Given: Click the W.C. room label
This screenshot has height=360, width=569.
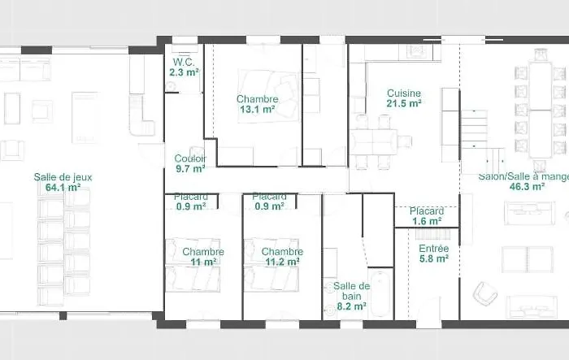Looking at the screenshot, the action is click(x=184, y=62).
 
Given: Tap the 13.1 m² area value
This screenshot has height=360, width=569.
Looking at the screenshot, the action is click(x=257, y=109).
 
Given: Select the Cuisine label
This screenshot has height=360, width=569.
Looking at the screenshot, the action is click(x=404, y=93).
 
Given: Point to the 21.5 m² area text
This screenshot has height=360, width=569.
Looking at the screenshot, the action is click(x=404, y=103).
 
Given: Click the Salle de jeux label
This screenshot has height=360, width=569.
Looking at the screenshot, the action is click(x=63, y=177).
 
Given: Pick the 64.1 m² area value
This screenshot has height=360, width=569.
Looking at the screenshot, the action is click(x=63, y=187).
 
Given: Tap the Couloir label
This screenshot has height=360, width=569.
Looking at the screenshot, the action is click(x=190, y=158).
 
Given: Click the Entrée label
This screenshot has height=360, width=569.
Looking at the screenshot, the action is click(x=433, y=249).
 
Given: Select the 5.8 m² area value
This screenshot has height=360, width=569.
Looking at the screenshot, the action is click(x=434, y=258).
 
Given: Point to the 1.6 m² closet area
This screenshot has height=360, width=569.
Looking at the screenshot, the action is click(x=427, y=221).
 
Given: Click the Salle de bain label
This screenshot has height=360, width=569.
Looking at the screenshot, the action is click(x=352, y=291).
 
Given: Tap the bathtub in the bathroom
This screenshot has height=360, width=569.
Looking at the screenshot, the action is click(x=380, y=293).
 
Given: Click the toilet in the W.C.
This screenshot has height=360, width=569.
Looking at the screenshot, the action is click(x=170, y=86).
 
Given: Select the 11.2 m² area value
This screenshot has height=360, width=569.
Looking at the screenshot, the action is click(x=282, y=262).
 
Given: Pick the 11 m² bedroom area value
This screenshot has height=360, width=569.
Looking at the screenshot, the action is click(x=203, y=262).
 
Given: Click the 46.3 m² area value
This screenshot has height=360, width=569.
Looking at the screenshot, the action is click(x=528, y=187).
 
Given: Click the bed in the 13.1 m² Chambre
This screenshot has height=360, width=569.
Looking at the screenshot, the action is click(x=268, y=96).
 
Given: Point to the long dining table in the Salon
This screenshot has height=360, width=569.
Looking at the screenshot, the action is click(x=541, y=110).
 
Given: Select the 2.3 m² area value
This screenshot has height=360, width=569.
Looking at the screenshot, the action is click(x=184, y=72).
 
